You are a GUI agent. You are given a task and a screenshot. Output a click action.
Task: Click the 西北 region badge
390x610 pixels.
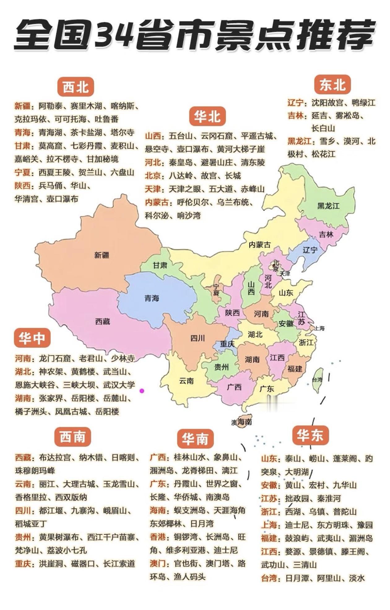[76, 87]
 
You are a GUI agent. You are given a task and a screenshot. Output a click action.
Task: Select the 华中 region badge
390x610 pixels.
[32, 338]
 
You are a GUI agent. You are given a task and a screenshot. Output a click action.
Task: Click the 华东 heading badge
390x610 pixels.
[310, 435]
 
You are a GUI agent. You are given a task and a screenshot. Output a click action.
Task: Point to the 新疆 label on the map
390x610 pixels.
[102, 255]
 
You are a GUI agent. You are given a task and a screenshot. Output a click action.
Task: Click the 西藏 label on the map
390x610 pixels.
[102, 322]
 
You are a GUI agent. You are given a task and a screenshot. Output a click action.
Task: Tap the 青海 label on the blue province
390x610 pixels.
[152, 298]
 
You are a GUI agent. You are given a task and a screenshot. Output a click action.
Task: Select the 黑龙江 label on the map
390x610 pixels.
[328, 206]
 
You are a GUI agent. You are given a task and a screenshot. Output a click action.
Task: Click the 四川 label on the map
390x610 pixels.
[197, 338]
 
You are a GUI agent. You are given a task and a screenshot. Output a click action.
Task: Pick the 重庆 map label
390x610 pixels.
[227, 344]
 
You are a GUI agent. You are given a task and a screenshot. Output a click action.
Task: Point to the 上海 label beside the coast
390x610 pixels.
[319, 328]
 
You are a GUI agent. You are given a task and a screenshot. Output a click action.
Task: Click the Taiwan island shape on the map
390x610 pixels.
[318, 380]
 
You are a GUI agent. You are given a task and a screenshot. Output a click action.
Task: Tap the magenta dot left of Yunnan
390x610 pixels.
[142, 391]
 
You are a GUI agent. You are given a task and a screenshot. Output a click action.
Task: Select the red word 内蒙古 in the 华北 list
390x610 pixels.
[157, 202]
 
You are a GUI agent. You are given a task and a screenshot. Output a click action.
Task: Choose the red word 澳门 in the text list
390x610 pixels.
[158, 563]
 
